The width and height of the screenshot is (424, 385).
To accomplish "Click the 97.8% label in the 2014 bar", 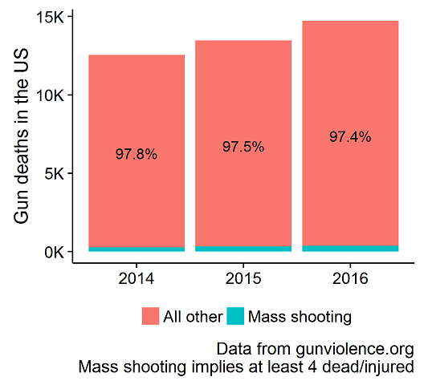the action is click(x=137, y=154).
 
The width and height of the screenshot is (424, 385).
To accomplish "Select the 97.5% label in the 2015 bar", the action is click(x=243, y=147).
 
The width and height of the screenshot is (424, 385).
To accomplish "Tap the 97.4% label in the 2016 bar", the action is click(x=350, y=136).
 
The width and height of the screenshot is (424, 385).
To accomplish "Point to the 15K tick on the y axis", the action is click(x=51, y=18).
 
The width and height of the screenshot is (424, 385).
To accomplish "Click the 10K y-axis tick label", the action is click(x=51, y=95).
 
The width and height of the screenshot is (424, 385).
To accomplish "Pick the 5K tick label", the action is click(x=55, y=173).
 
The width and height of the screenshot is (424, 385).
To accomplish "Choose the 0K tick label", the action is click(x=55, y=252).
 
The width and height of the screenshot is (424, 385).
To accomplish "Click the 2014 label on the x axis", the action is click(x=137, y=278).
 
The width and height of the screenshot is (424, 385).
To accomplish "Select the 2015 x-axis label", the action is click(x=243, y=278).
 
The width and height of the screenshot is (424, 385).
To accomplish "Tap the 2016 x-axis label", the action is click(x=350, y=278).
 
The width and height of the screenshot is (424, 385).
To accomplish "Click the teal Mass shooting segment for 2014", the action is click(x=137, y=249).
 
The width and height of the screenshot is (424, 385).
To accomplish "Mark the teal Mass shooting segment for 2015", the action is click(x=243, y=249).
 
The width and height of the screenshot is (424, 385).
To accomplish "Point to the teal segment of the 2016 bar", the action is click(x=350, y=249).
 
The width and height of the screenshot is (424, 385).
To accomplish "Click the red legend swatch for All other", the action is click(x=151, y=316).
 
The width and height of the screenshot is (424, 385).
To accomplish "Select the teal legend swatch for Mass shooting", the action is click(x=235, y=316).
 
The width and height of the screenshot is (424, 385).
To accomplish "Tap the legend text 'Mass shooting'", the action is click(x=300, y=317).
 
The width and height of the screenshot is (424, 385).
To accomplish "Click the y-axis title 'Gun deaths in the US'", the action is click(x=21, y=136).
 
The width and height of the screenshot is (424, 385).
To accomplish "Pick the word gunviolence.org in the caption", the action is click(x=354, y=350).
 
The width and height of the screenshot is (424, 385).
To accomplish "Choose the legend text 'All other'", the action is click(x=193, y=316).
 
